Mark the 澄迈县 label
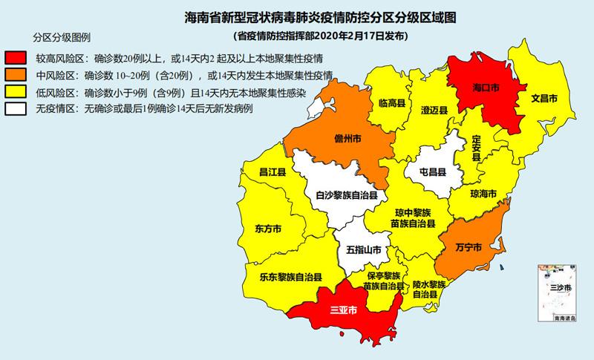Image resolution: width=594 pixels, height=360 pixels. (x=434, y=110)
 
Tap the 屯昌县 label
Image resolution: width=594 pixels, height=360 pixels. (x=432, y=171)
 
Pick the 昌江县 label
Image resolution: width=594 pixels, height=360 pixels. (x=267, y=172)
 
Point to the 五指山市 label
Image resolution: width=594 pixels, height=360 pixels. (x=364, y=250)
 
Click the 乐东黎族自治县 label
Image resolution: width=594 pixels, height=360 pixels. (x=290, y=277)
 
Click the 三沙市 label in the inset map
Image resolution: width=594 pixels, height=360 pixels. (x=560, y=287)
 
